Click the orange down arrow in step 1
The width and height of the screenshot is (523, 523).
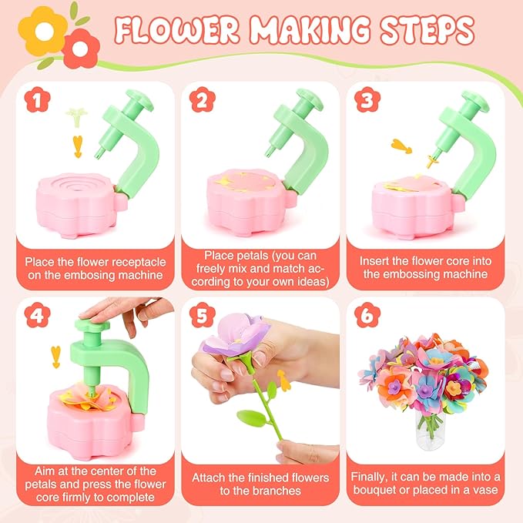[77, 145]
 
